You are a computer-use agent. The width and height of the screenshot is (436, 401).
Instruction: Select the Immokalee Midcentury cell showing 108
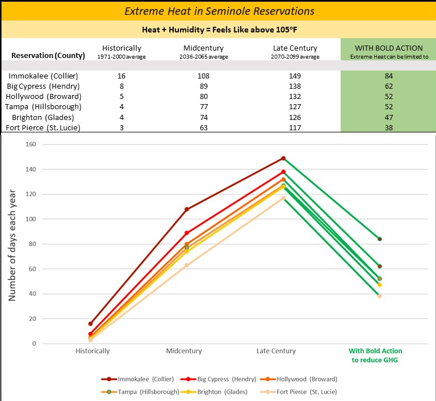(204, 76)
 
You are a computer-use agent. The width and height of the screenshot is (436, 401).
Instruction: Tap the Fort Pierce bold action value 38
(388, 127)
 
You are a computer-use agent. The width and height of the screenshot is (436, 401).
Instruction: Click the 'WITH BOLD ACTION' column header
(388, 48)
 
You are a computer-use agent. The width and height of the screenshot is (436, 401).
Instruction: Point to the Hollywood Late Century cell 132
(295, 96)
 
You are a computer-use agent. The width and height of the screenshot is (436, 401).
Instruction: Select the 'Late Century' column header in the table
(295, 48)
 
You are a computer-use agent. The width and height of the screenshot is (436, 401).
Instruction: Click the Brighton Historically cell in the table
(121, 117)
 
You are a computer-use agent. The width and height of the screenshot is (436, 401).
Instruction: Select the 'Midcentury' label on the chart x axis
(184, 351)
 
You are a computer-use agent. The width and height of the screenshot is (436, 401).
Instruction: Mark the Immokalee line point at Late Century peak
(283, 158)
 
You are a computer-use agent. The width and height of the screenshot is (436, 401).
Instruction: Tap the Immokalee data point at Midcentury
(187, 209)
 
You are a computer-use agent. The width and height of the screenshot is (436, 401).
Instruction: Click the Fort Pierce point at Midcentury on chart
(187, 265)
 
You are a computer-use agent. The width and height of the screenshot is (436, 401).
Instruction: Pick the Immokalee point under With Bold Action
(379, 239)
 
